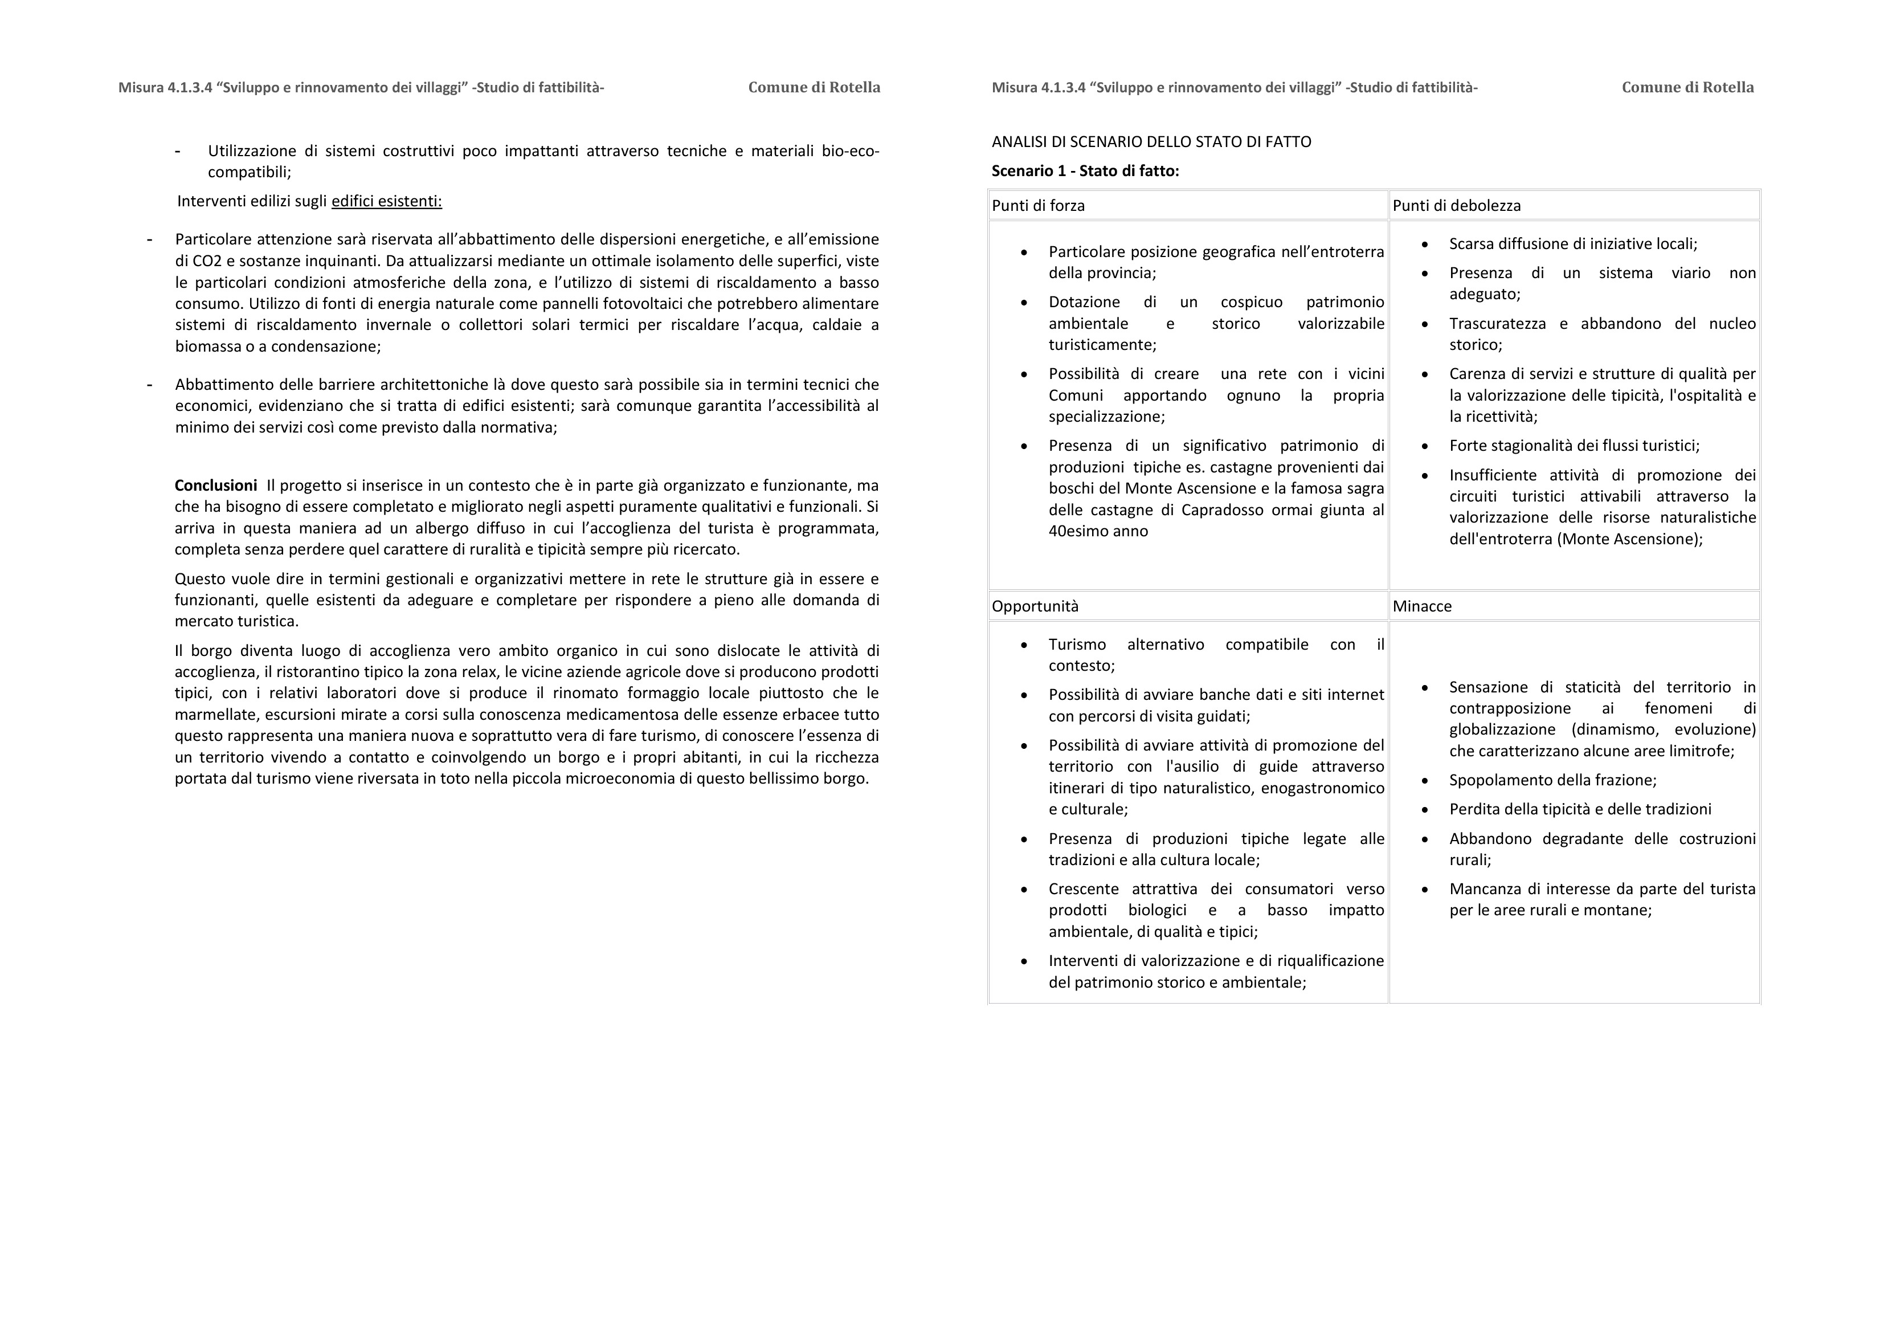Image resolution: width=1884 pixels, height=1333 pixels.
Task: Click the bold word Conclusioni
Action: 215,485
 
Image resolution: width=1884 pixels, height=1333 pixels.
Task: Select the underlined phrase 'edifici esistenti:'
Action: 386,201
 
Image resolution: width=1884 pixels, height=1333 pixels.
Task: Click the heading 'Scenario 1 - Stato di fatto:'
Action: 1085,171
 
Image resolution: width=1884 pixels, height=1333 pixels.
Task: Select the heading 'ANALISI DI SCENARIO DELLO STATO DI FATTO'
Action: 1151,141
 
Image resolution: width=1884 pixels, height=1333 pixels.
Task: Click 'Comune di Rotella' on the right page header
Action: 1687,87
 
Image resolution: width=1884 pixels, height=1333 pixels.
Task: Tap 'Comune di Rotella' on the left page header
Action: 814,87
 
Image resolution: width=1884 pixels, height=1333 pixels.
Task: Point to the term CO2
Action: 205,261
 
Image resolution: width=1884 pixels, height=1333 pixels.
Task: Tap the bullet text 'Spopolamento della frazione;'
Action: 1552,780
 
